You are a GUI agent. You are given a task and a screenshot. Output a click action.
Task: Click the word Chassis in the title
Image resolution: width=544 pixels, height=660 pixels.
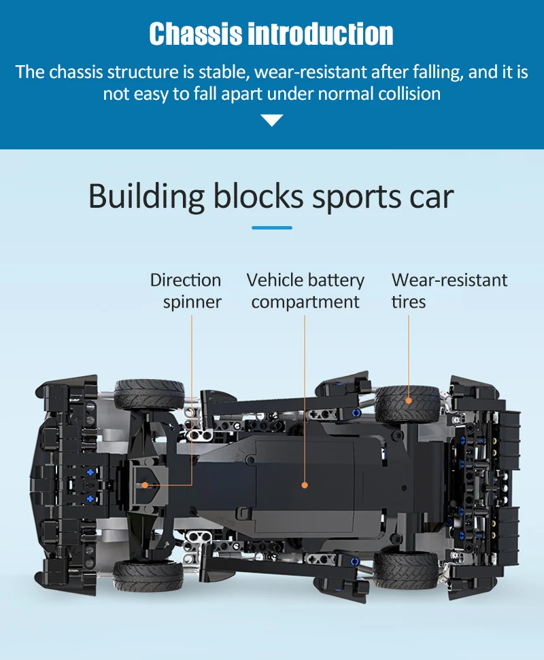click(x=195, y=34)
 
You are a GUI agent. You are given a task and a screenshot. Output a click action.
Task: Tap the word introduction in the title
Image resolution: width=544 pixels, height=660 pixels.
click(x=321, y=34)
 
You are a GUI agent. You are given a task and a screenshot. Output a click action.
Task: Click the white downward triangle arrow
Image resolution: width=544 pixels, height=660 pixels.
click(x=272, y=121)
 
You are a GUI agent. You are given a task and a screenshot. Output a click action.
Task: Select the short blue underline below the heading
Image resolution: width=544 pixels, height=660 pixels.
click(x=272, y=227)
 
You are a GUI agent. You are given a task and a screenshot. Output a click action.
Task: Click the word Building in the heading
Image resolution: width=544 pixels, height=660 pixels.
click(x=146, y=196)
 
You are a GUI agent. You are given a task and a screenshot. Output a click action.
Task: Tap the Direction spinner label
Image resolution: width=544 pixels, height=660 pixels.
click(x=186, y=291)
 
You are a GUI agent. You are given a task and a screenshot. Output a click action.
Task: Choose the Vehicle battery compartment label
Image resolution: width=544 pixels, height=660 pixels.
click(x=305, y=291)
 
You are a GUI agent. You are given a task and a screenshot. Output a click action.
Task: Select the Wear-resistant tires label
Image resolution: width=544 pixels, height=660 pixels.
click(x=449, y=291)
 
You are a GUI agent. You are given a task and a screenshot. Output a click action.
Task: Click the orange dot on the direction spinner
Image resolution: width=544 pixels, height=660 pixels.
click(x=145, y=485)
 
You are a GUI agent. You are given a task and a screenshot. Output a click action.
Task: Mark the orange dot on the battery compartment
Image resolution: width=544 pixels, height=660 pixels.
click(x=305, y=485)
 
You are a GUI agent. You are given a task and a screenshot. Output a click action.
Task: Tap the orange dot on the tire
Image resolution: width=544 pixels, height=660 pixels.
click(x=409, y=400)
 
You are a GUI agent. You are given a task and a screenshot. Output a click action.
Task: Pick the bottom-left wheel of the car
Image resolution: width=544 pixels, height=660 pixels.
click(x=148, y=574)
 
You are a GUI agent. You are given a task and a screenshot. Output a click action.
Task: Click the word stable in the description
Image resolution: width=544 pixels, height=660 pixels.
click(x=224, y=72)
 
